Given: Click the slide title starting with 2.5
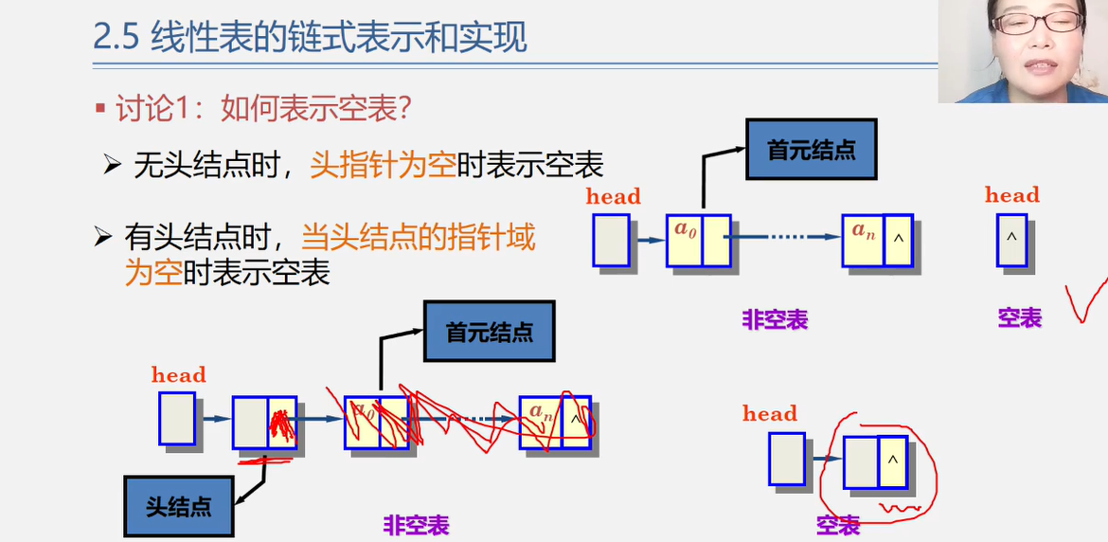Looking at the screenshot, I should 310,38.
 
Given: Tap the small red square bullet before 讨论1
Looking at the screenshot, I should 100,109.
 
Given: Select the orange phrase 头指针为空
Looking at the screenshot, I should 383,165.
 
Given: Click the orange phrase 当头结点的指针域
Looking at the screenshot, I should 418,236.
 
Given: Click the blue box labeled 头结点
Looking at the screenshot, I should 178,506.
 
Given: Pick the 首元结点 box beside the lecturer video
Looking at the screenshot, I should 811,150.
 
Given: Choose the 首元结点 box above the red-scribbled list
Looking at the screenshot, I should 489,332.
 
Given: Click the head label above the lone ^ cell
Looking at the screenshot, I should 1011,195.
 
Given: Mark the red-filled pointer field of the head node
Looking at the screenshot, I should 281,423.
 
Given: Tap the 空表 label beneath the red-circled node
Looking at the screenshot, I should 838,524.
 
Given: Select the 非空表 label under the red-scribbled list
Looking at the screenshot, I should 416,524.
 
